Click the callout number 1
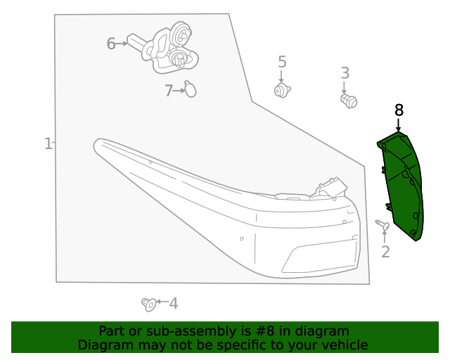[47, 144]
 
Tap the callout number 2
[385, 252]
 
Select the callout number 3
[345, 72]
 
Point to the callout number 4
[173, 304]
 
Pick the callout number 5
[282, 62]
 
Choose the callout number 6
[110, 44]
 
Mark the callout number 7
[169, 91]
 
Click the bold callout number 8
[399, 110]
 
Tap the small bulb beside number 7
[190, 89]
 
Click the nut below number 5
[282, 91]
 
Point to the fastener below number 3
[348, 101]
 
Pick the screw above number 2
[382, 225]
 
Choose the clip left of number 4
[149, 304]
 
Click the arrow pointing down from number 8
[399, 124]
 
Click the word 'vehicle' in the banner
[345, 345]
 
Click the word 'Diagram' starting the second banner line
[103, 345]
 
